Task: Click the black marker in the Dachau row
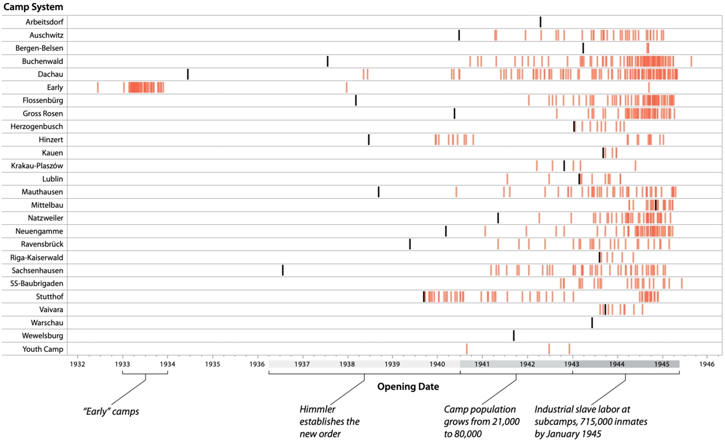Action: click(x=187, y=74)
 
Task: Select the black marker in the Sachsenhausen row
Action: click(x=283, y=270)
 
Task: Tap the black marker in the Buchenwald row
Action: click(x=327, y=61)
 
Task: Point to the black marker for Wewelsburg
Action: click(x=514, y=335)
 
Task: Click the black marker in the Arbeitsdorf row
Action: click(x=540, y=22)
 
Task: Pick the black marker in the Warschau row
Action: click(x=592, y=322)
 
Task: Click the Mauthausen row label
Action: click(x=42, y=192)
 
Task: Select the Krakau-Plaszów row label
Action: click(x=37, y=166)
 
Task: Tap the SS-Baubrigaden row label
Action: click(x=37, y=283)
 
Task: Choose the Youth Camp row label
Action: click(x=43, y=349)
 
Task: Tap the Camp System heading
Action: click(x=33, y=7)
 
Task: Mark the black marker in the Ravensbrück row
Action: click(x=410, y=244)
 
